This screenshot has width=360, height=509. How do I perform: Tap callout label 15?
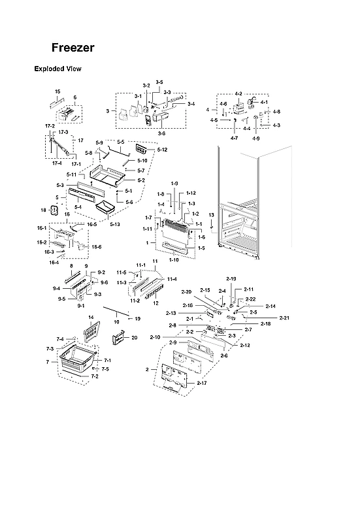point(57,91)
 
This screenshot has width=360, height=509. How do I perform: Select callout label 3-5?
point(159,82)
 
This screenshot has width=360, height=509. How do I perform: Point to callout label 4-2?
point(238,94)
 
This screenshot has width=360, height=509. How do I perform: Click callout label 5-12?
point(162,150)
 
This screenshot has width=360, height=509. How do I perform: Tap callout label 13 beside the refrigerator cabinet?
point(211,215)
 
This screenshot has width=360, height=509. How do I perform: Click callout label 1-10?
point(174,260)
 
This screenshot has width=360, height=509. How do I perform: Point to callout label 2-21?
point(284,318)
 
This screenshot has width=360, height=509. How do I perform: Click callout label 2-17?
point(201,382)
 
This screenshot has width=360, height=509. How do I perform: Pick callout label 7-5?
point(105,369)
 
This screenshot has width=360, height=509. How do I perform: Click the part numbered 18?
point(54,209)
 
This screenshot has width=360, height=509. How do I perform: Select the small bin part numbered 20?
point(118,338)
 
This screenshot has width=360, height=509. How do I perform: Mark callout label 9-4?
point(57,288)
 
